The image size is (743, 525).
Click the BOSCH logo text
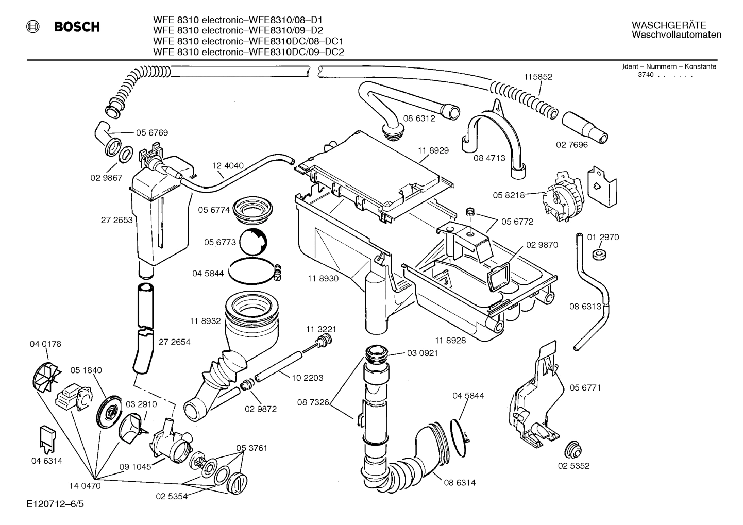(77, 27)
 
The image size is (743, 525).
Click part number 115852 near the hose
(538, 77)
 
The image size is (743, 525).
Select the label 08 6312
(419, 118)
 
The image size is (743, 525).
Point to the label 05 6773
(219, 242)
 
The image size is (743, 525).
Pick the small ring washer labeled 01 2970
(599, 254)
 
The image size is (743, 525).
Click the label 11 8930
(323, 279)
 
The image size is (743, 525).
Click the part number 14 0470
(85, 485)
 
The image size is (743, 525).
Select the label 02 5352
(573, 466)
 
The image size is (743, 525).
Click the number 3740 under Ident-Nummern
(646, 75)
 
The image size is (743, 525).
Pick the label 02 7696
(571, 145)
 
